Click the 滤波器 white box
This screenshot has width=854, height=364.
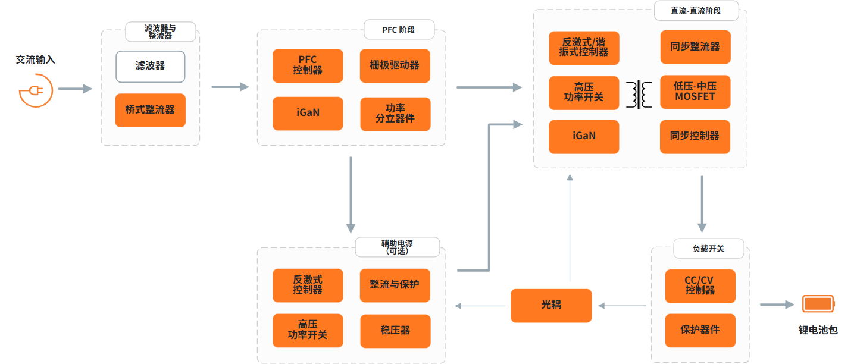(150, 67)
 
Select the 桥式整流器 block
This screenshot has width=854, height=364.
(150, 110)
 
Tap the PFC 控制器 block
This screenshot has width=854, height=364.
(308, 65)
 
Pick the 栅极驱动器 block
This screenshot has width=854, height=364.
(395, 65)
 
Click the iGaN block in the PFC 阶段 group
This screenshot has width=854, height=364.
(308, 114)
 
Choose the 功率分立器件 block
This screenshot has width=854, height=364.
(395, 114)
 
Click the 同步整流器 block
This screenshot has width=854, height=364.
(695, 47)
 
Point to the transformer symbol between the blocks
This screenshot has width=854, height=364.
(639, 95)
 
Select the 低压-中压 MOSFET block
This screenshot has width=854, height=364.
(695, 92)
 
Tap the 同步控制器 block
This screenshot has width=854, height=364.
(695, 137)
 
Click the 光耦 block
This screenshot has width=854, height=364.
(551, 306)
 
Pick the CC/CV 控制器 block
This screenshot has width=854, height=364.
(700, 286)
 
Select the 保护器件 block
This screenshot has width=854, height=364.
(700, 331)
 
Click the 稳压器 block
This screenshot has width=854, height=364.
(395, 331)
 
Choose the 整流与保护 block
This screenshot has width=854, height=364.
(395, 285)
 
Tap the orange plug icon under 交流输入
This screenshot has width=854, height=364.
(36, 91)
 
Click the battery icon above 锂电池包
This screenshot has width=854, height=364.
(818, 304)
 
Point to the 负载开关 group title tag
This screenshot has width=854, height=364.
(709, 249)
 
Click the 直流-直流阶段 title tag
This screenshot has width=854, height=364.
(696, 11)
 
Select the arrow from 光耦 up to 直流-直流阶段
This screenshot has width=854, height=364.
(570, 228)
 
